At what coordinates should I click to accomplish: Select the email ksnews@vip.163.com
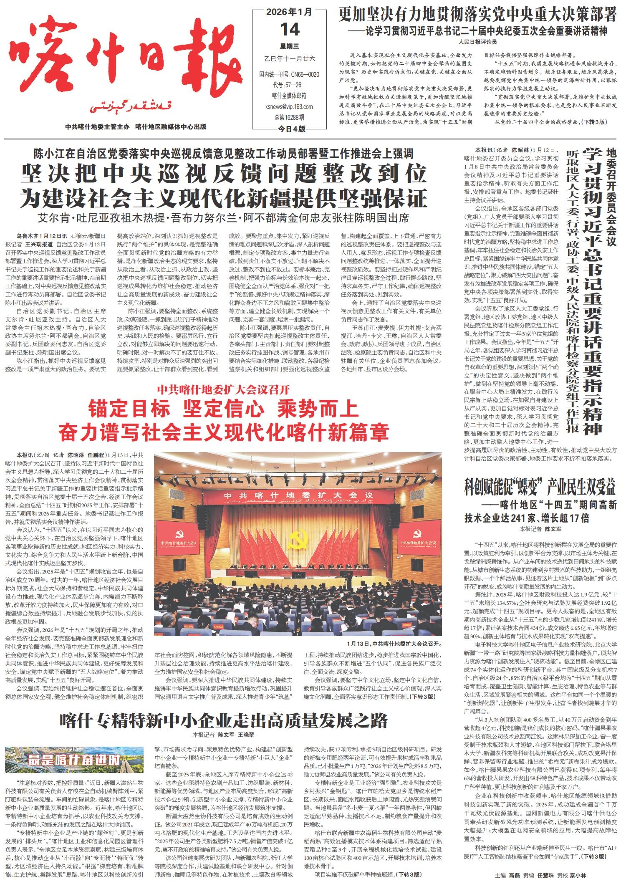click(289, 106)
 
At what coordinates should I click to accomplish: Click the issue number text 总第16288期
click(289, 117)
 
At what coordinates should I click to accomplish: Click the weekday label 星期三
click(289, 46)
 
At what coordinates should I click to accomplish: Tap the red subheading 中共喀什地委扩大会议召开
click(223, 390)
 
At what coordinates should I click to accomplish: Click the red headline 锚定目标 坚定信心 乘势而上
click(223, 409)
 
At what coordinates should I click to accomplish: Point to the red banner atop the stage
click(298, 495)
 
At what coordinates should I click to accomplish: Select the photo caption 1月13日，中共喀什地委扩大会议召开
click(394, 643)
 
